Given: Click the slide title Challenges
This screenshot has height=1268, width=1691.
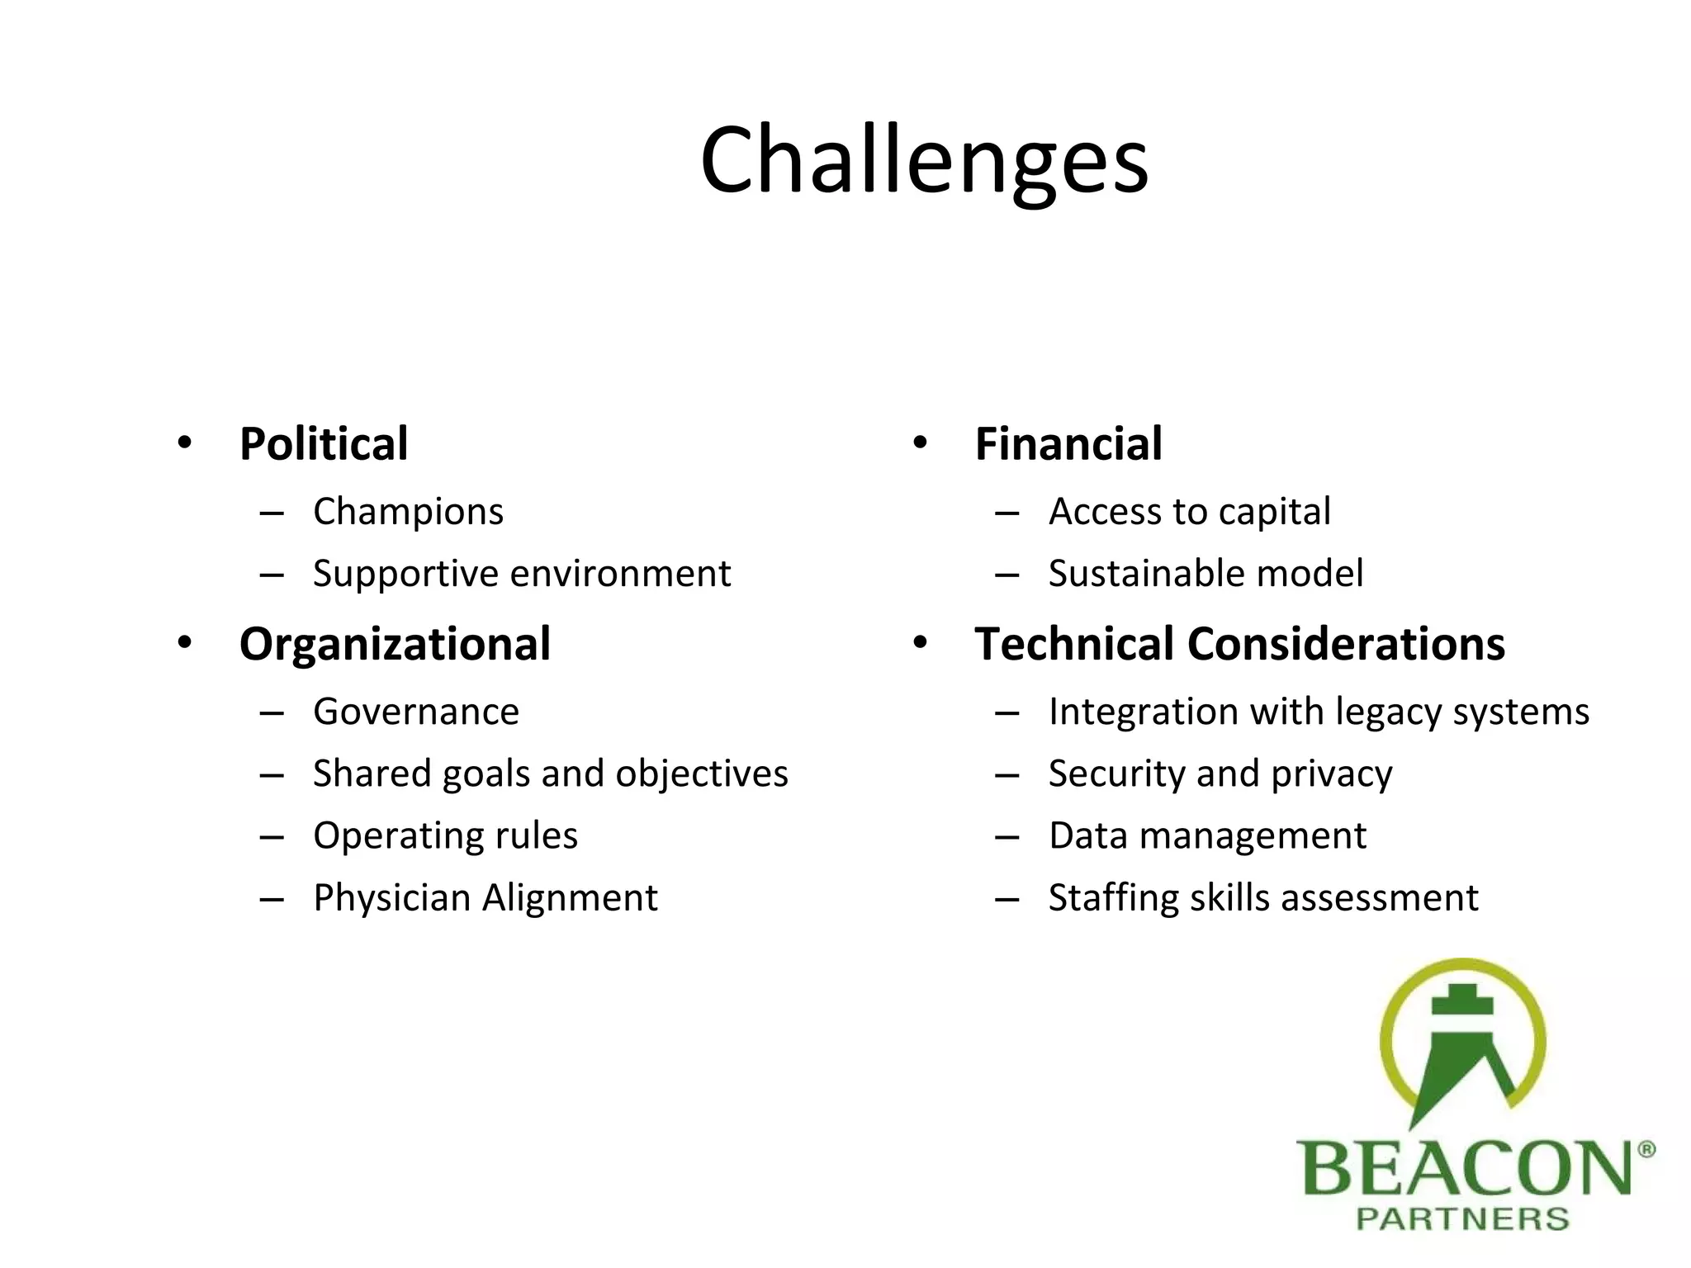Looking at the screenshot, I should pos(924,160).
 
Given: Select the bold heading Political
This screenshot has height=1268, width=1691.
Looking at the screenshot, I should pos(324,444).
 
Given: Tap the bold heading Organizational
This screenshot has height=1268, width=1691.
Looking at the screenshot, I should pos(395,644).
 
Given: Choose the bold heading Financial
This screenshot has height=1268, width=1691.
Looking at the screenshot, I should pos(1068,444).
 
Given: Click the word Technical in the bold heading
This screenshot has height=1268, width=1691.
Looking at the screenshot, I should pos(1074,644).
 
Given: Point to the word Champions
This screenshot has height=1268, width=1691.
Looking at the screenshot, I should pos(408,512).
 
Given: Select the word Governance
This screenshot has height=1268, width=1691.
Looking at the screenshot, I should pos(416,712).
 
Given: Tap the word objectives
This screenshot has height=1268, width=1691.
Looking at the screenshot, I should pos(701,774).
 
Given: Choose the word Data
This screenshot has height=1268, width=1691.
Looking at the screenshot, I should pos(1088,835).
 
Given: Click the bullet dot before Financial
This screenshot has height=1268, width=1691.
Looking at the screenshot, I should pos(920,443).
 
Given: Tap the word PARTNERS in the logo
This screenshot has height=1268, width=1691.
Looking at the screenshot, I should pos(1462,1219).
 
